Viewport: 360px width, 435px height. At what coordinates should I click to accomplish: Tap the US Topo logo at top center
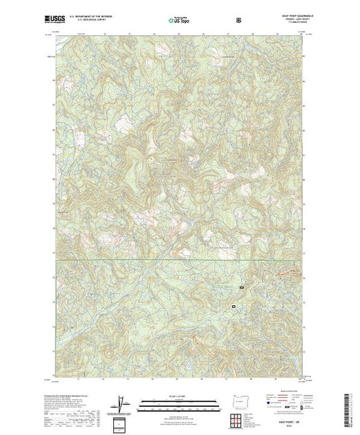(x=180, y=21)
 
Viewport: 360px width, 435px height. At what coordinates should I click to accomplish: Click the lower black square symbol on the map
(x=234, y=305)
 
